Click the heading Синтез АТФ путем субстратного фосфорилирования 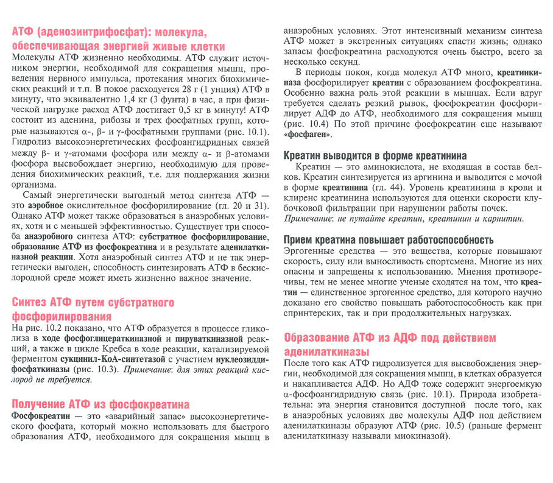tap(93, 309)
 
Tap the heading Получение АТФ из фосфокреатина tap(100, 404)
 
